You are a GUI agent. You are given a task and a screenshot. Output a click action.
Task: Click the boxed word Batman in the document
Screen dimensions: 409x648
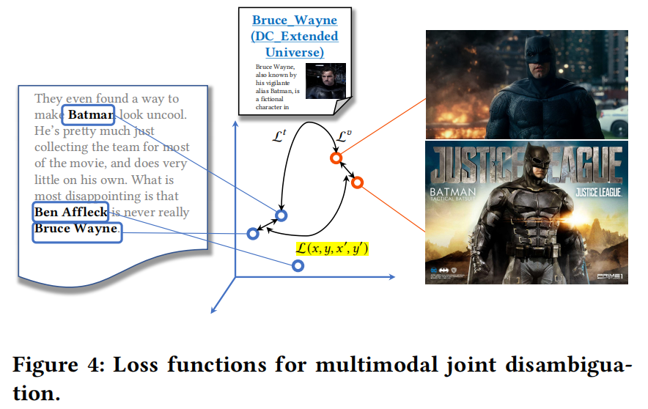pyautogui.click(x=88, y=115)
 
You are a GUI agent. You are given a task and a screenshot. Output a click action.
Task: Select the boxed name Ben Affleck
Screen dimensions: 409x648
pyautogui.click(x=70, y=213)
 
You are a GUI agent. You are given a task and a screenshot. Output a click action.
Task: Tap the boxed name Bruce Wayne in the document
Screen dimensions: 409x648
pyautogui.click(x=76, y=229)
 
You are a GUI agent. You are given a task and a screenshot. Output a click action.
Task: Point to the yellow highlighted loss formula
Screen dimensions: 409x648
pyautogui.click(x=331, y=248)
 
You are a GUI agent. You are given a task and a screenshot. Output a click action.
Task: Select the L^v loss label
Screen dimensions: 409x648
pyautogui.click(x=343, y=136)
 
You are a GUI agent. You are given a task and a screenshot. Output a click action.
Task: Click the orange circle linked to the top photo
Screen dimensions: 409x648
pyautogui.click(x=335, y=158)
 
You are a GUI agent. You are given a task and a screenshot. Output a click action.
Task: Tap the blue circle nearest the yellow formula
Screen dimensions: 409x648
pyautogui.click(x=298, y=266)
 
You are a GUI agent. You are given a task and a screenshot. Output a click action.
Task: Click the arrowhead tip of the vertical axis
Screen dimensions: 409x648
pyautogui.click(x=235, y=122)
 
